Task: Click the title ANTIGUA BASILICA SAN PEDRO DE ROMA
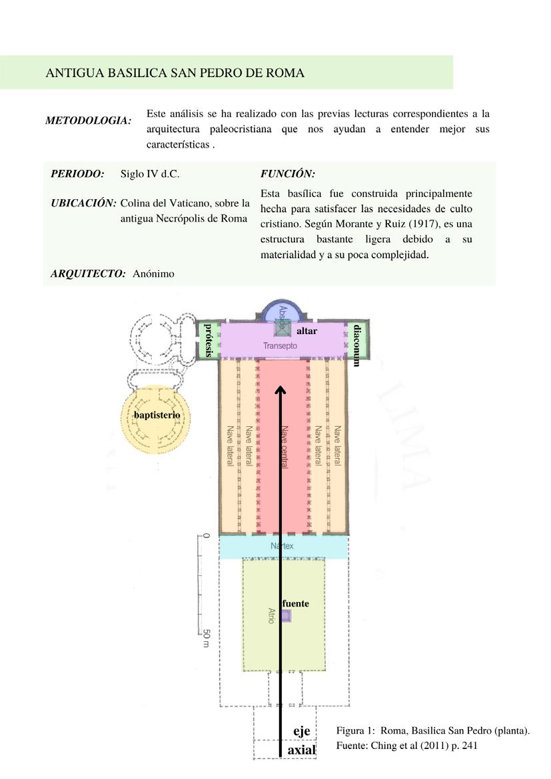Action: (x=175, y=73)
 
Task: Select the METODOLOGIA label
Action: (x=88, y=121)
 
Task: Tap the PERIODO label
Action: (x=77, y=174)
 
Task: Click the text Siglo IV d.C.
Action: (x=150, y=174)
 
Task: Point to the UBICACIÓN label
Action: (x=83, y=203)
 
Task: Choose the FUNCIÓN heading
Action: (x=287, y=174)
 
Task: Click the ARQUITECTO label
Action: (x=88, y=273)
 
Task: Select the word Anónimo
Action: (x=153, y=273)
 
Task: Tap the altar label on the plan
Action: (x=306, y=331)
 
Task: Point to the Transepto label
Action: (x=280, y=346)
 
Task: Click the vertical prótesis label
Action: (x=209, y=340)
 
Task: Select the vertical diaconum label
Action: (x=357, y=345)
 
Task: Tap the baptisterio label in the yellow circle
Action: (x=157, y=415)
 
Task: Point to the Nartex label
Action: (x=282, y=547)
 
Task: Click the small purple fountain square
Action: (x=286, y=616)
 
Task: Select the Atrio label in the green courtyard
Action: (x=271, y=615)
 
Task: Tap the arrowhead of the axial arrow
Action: (x=281, y=390)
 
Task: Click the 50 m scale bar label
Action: (x=206, y=639)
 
